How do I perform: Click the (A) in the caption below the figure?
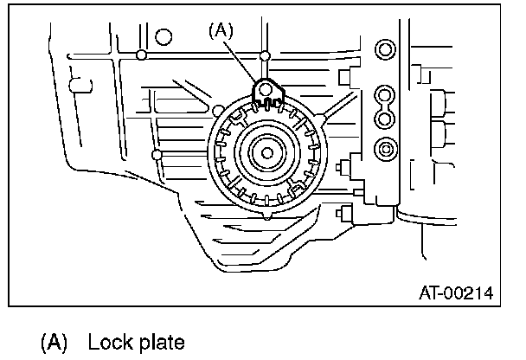pos(54,342)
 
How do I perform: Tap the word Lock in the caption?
pos(106,342)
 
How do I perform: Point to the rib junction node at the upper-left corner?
pos(142,56)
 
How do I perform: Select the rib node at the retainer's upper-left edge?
pos(217,111)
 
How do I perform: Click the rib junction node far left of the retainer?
pos(156,155)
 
